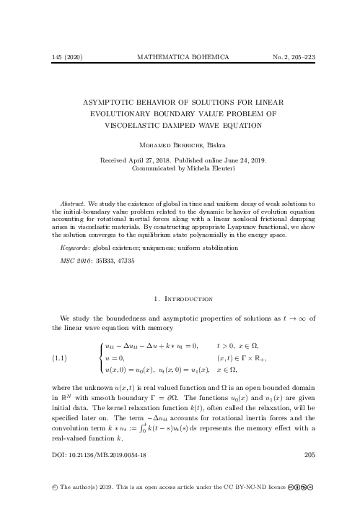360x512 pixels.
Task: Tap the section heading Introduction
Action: (x=188, y=298)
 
